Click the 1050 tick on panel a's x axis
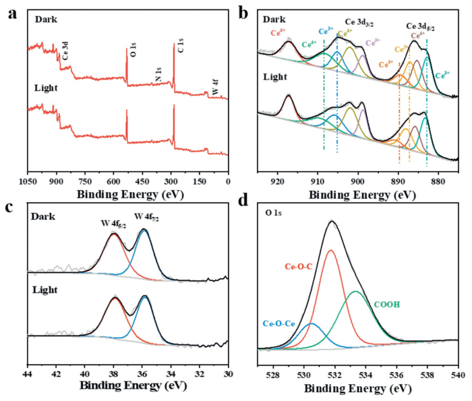coord(28,181)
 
